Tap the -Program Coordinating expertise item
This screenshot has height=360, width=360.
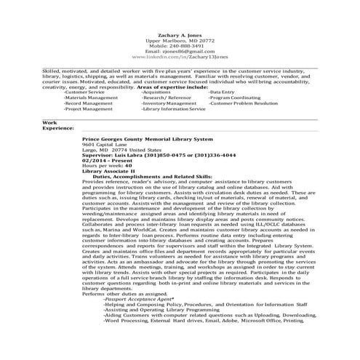coord(235,98)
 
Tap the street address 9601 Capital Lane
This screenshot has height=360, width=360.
coord(105,145)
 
